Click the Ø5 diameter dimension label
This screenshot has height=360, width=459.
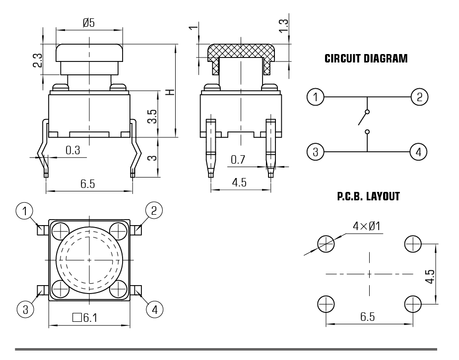pos(89,22)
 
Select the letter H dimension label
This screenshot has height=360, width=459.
pos(169,93)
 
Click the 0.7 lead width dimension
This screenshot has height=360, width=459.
pos(238,160)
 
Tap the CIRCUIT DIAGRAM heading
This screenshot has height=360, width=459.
pos(366,59)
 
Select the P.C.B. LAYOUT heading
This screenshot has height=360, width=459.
pos(368,197)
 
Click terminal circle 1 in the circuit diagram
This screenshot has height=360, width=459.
pos(315,97)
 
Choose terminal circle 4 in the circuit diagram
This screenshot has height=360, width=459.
pos(418,152)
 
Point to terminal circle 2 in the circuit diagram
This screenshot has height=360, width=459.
pos(420,97)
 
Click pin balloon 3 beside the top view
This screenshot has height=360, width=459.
pos(25,310)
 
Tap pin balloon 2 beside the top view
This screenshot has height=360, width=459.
pos(154,210)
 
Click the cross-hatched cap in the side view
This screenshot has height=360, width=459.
pos(241,51)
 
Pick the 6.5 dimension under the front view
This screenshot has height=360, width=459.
pos(88,184)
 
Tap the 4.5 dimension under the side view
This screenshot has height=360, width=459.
pos(240,182)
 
